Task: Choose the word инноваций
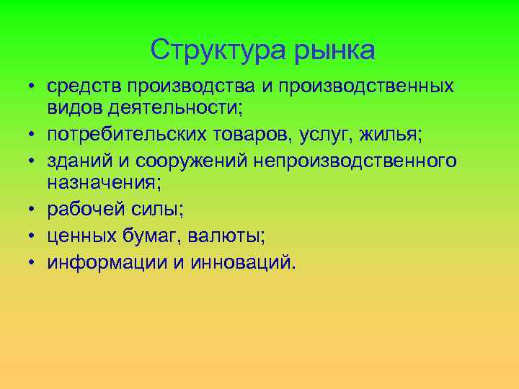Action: pos(244,261)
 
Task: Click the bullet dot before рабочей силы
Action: pos(33,209)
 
